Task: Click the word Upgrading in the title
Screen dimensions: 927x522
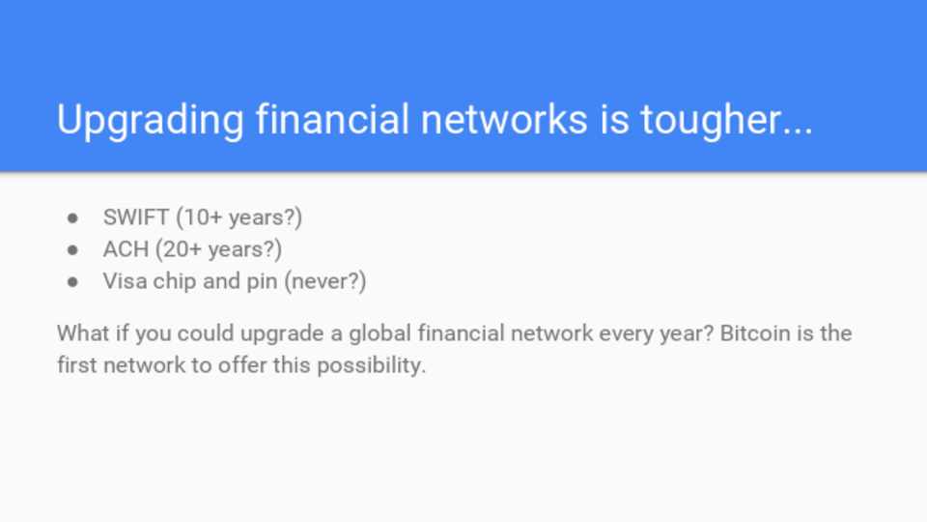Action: point(151,121)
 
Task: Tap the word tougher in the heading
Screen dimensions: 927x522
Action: point(726,121)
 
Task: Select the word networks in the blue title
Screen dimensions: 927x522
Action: point(504,119)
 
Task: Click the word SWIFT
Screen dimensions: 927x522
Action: point(136,217)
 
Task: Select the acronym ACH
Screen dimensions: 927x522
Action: point(126,249)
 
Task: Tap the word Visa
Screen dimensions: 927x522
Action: point(125,281)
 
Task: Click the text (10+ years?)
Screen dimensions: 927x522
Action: point(239,217)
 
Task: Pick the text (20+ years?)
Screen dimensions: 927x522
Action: point(219,249)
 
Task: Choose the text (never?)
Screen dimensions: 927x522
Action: point(325,281)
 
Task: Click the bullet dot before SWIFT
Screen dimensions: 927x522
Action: point(72,218)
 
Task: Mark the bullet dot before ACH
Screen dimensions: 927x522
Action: point(72,250)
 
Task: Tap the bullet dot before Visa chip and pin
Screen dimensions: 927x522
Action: point(72,282)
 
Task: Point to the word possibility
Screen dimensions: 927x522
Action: point(371,365)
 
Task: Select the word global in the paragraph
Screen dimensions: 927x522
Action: point(379,333)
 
